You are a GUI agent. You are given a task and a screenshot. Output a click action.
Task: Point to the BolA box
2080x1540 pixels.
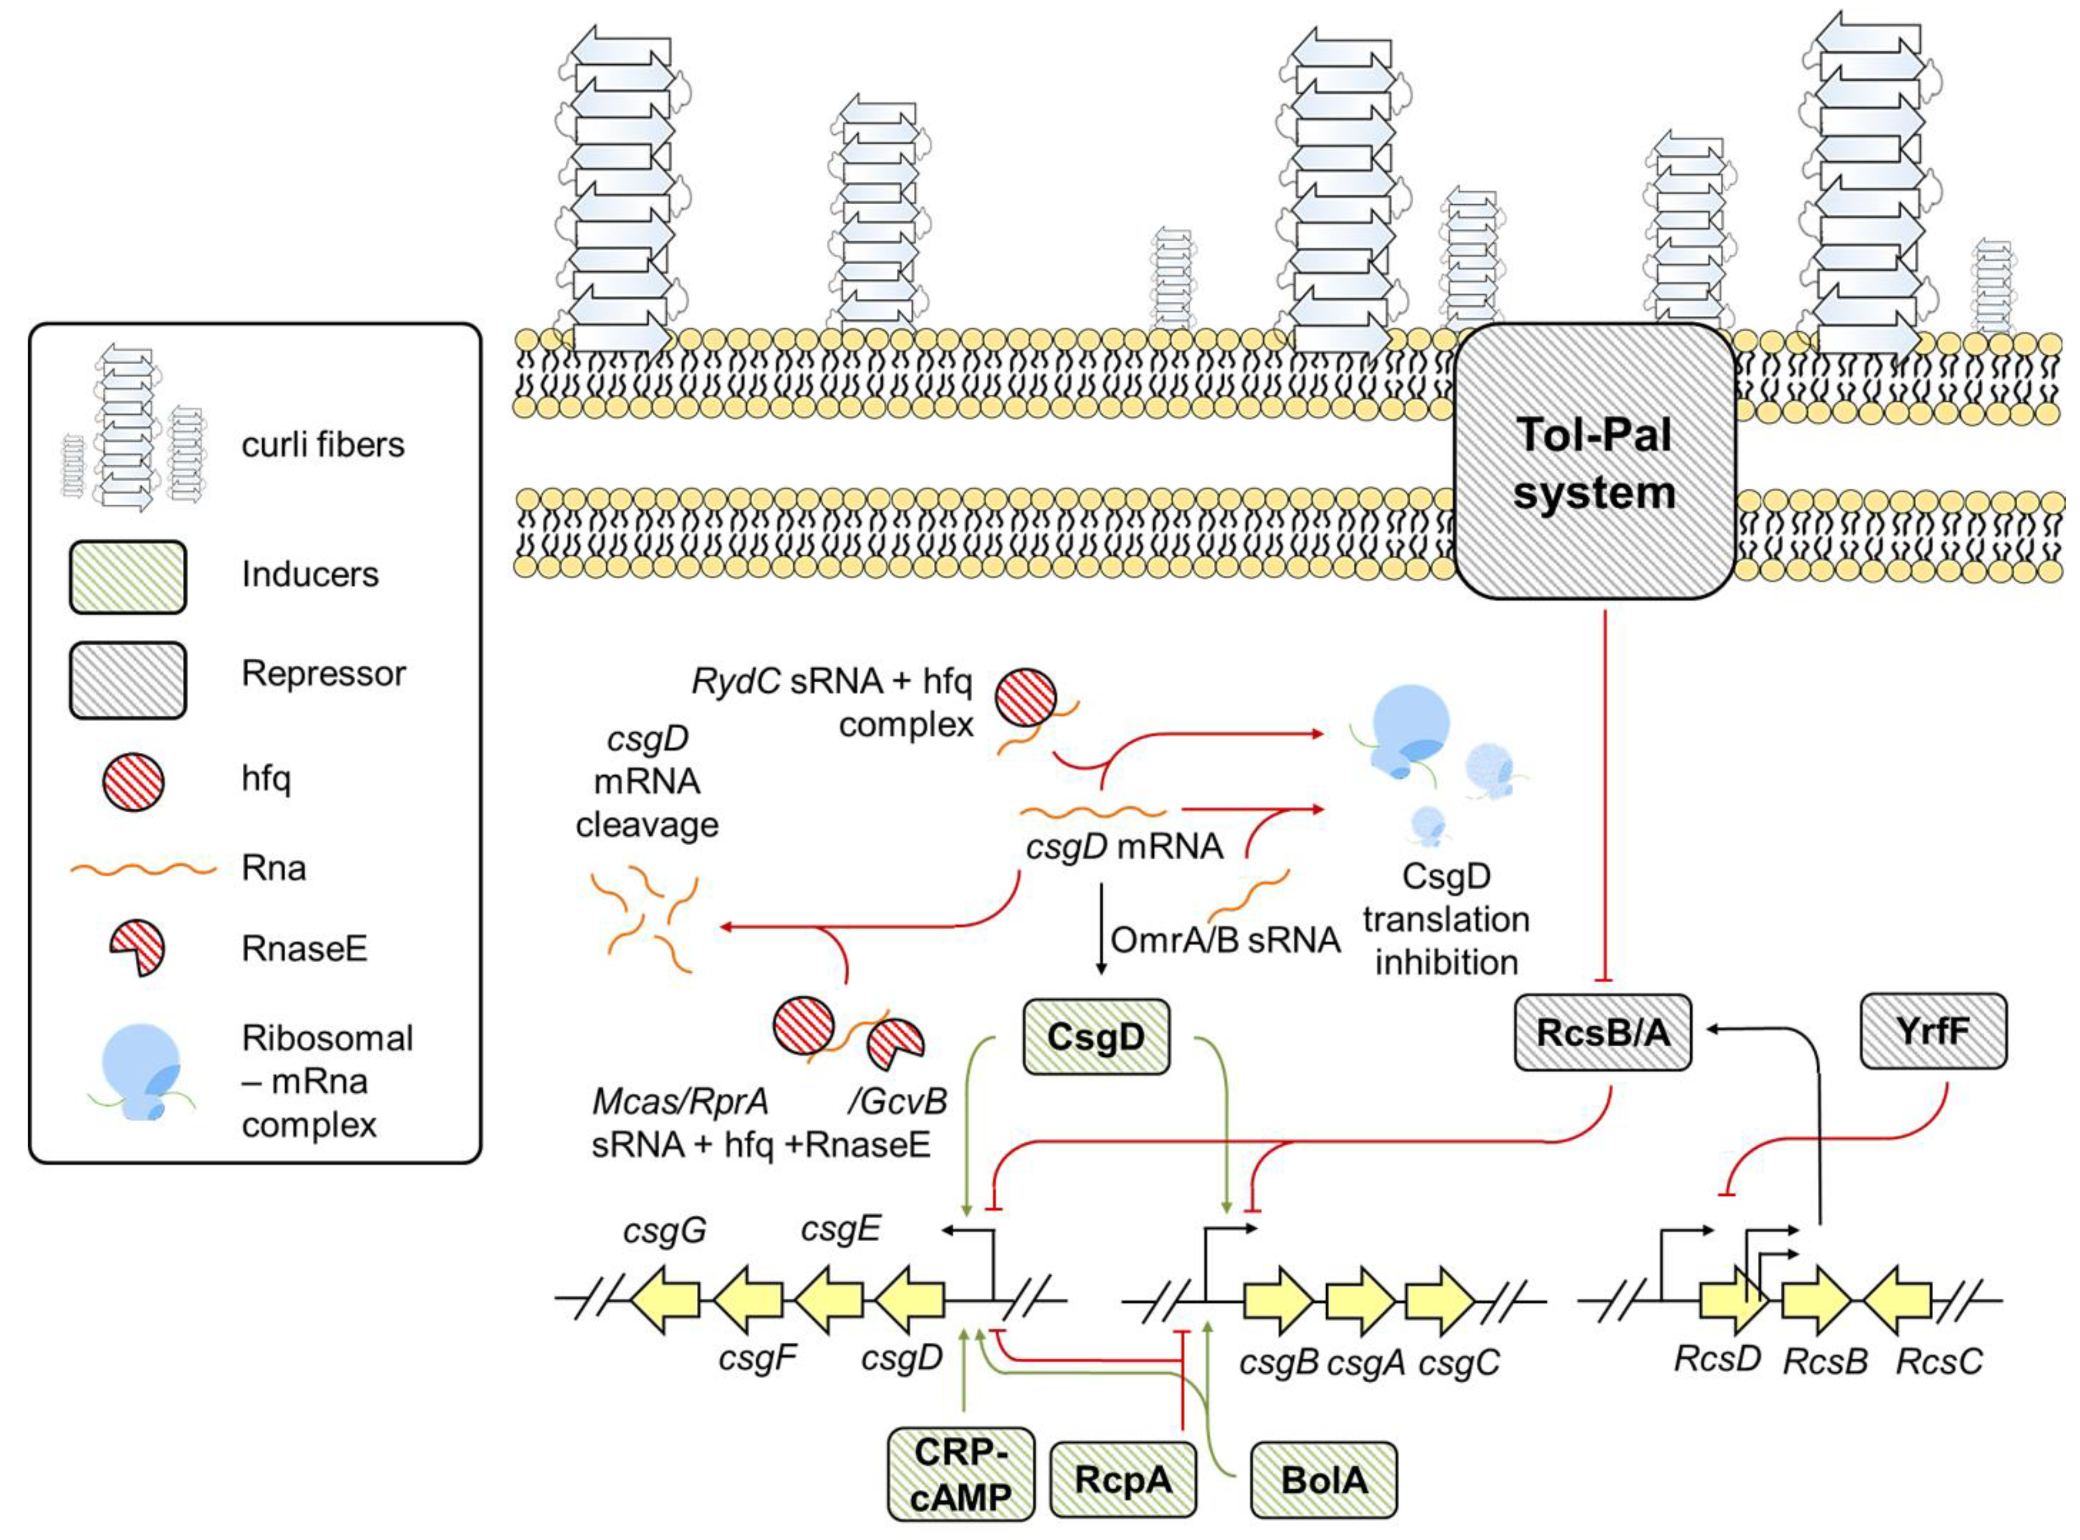(x=1323, y=1479)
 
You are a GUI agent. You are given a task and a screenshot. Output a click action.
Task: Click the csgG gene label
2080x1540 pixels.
(x=664, y=1231)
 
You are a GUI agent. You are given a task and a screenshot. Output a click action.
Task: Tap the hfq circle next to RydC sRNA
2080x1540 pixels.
(x=1026, y=698)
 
